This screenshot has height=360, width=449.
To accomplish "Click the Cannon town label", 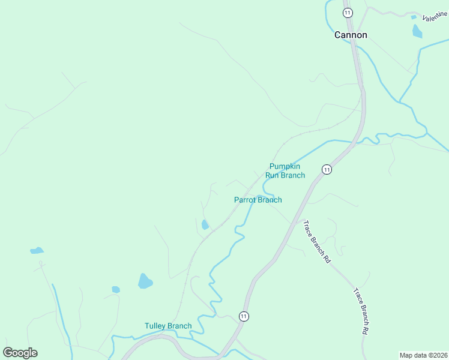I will click(x=351, y=35).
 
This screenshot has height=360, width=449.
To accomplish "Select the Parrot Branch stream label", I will click(x=258, y=200).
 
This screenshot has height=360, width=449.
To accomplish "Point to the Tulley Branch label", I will click(x=168, y=326).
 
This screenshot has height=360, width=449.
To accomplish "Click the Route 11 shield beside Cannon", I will click(x=347, y=12).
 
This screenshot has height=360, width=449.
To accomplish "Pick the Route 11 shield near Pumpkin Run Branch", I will click(x=326, y=170).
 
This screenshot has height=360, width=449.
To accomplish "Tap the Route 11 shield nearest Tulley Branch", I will click(x=243, y=316).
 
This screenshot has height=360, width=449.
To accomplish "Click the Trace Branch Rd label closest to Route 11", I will click(x=316, y=242).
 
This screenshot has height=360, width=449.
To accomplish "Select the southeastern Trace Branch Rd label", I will click(x=361, y=311).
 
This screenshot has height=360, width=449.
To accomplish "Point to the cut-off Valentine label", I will click(x=435, y=16).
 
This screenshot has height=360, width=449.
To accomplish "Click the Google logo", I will click(x=20, y=353).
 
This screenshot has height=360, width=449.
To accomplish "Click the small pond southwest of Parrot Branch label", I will click(x=205, y=225).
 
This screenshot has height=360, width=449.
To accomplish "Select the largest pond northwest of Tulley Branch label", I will click(x=145, y=281).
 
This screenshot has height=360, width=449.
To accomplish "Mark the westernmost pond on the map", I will click(x=37, y=250).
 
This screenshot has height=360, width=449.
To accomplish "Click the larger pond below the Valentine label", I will click(x=417, y=31).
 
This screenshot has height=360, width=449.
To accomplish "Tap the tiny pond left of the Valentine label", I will click(x=414, y=17).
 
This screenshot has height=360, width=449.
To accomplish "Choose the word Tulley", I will click(x=155, y=326).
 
